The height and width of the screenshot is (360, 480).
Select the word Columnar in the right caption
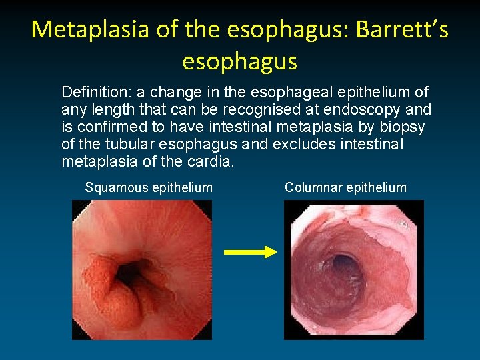[x=312, y=187]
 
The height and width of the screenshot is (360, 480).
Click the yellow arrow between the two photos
[x=250, y=252]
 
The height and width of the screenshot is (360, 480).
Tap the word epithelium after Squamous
[x=182, y=187]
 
